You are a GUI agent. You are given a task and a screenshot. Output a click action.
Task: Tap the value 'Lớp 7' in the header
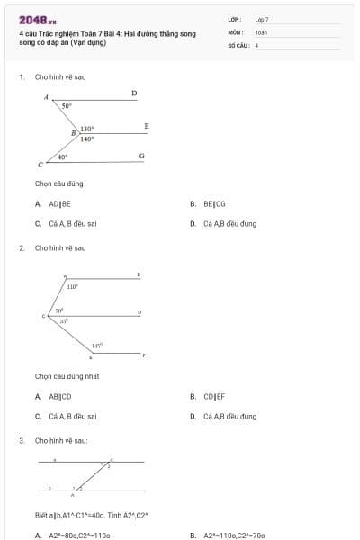262,19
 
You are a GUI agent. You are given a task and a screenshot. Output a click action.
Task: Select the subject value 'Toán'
261,31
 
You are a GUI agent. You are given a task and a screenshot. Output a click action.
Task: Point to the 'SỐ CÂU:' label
238,44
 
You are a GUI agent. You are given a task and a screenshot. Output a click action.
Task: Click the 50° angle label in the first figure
67,106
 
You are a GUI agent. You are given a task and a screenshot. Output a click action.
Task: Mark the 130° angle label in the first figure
87,130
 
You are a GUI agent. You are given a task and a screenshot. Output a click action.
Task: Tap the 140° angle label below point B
86,139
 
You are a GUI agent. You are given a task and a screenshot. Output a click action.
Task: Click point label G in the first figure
141,156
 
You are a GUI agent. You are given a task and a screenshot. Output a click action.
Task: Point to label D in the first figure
134,93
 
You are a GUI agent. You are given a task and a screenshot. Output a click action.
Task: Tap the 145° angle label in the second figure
97,345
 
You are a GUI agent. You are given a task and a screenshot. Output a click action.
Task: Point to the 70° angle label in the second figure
59,310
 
